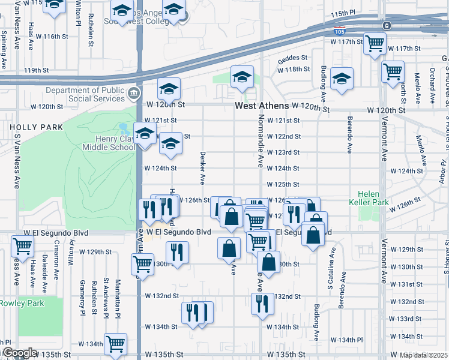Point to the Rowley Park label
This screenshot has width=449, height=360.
click(22, 303)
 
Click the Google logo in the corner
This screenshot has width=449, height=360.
click(19, 353)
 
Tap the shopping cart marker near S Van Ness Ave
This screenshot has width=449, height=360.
click(22, 245)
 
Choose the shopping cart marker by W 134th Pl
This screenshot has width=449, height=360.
click(115, 344)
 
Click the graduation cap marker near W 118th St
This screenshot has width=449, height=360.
click(242, 77)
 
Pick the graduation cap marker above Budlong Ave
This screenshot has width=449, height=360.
click(342, 79)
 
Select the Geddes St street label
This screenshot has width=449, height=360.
click(292, 60)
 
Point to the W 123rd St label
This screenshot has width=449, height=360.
click(284, 152)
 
